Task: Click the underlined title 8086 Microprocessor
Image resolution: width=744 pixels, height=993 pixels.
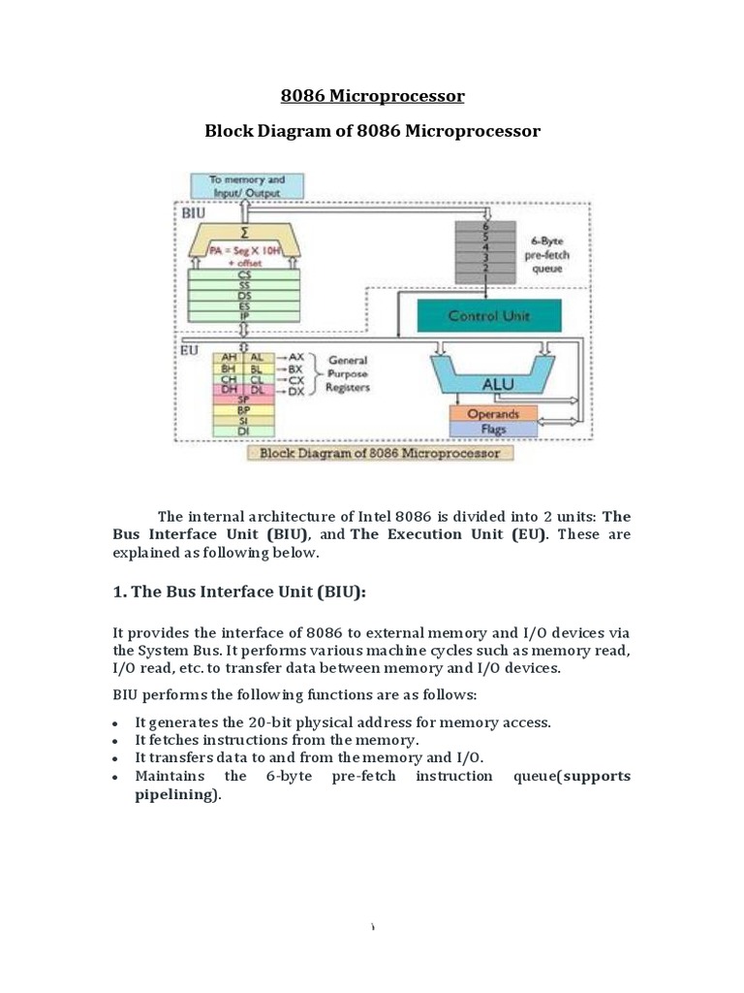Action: pyautogui.click(x=372, y=96)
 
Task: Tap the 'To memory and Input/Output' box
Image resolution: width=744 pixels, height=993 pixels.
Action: pyautogui.click(x=248, y=186)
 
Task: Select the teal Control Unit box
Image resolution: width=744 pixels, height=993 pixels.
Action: pyautogui.click(x=487, y=315)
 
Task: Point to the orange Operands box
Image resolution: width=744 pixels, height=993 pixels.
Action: pyautogui.click(x=493, y=414)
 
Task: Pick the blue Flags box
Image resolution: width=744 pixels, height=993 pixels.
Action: pyautogui.click(x=493, y=429)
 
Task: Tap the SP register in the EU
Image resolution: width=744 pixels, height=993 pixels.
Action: pyautogui.click(x=243, y=399)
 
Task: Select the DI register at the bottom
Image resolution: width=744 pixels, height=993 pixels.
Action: pyautogui.click(x=243, y=431)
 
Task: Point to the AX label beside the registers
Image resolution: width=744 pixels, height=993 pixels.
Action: pyautogui.click(x=295, y=357)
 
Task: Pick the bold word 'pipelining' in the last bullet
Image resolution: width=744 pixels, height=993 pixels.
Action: pyautogui.click(x=176, y=794)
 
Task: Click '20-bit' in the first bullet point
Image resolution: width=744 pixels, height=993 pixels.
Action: pyautogui.click(x=274, y=722)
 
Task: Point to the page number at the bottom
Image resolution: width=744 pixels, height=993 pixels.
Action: pyautogui.click(x=372, y=928)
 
